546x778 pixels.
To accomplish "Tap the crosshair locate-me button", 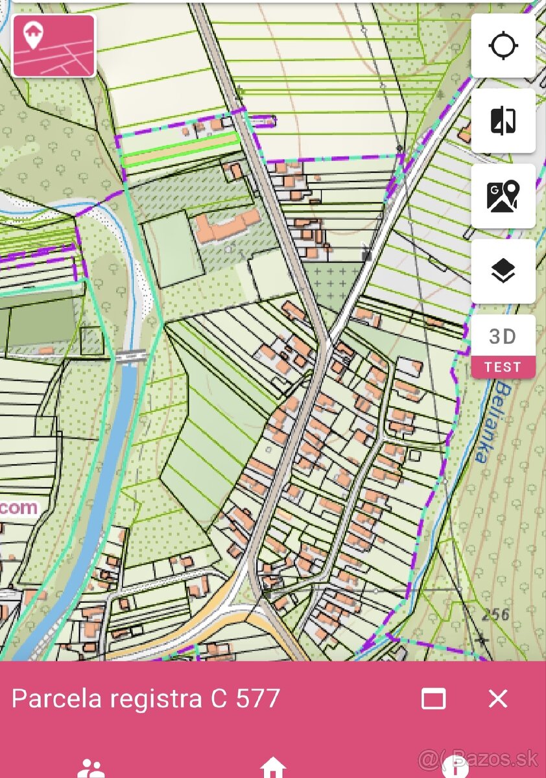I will coord(503,46).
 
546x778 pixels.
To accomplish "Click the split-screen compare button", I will coord(503,121).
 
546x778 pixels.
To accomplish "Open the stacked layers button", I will coord(503,272).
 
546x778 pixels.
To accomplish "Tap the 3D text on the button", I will coord(503,336).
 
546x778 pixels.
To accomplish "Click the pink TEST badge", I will coord(503,367).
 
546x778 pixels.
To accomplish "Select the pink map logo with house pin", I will coord(54,45).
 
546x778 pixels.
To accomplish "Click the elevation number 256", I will coord(496,614).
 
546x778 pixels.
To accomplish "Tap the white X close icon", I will coord(498,698).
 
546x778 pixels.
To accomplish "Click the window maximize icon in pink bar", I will coord(433,698).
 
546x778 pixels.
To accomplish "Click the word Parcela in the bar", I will coord(57,698).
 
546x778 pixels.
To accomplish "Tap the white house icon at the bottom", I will coord(273,768).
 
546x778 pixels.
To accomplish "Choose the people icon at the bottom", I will coord(91,770).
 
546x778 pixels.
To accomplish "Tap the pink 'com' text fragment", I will coord(18,508).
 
